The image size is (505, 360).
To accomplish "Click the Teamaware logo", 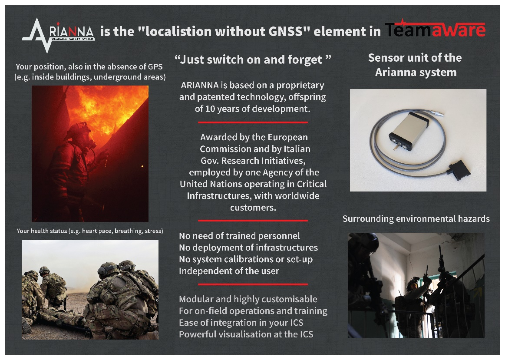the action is point(435,29).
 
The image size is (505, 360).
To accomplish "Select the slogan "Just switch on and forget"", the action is point(253,59).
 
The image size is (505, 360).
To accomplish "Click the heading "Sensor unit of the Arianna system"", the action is point(415,65).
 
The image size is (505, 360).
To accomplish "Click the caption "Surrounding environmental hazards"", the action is point(416,219).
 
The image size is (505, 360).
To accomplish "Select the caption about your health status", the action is point(90,231).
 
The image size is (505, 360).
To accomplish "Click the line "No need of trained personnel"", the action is point(239,236).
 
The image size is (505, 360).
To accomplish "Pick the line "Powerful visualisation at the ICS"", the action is point(246,334).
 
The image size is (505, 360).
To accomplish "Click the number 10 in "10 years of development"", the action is point(210,109).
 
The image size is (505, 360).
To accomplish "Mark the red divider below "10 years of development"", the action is point(253,122).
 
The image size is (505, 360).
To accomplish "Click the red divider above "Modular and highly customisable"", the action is point(253,284).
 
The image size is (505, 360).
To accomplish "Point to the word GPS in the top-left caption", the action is point(155,66).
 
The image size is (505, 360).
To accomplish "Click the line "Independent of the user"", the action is point(229,271).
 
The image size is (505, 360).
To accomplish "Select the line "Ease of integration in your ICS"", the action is point(241,323).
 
